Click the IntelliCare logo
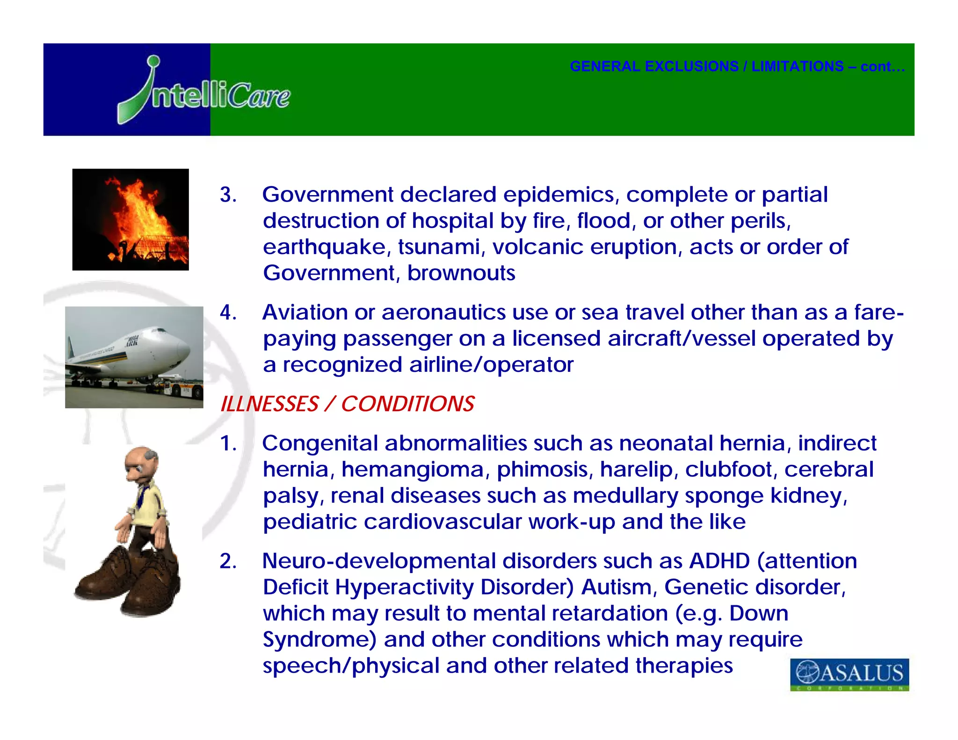pos(204,91)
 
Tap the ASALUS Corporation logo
pos(849,674)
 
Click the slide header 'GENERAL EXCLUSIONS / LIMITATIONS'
pos(737,66)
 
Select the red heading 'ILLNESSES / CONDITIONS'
pos(347,404)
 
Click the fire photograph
pos(131,219)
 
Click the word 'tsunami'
pos(438,247)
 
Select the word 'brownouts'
pos(461,273)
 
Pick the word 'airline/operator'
pos(491,365)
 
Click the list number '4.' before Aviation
pos(228,312)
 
